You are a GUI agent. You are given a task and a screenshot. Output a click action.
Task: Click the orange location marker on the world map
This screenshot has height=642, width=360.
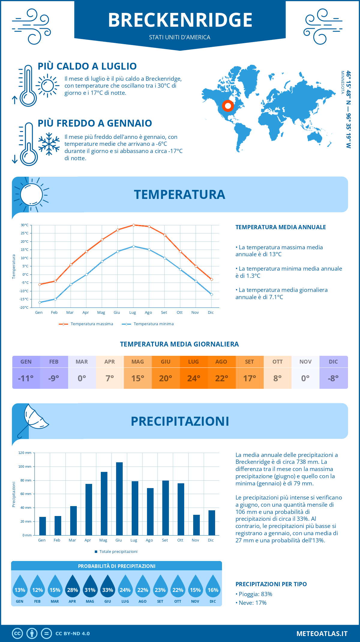228,106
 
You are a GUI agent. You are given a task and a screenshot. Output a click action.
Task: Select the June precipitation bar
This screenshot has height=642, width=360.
119,499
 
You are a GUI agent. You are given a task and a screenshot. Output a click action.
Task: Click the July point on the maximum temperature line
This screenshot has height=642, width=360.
133,225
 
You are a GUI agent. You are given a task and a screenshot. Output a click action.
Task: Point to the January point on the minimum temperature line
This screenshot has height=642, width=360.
40,302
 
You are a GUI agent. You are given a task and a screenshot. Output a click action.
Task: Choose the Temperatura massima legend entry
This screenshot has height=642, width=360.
86,324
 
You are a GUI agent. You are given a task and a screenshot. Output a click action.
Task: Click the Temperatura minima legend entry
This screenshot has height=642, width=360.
148,324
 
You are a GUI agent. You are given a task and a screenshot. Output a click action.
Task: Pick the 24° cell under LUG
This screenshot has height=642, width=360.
193,378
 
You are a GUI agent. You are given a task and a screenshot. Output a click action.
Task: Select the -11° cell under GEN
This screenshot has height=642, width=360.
26,378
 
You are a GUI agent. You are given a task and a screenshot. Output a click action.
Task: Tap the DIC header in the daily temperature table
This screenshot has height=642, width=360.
333,362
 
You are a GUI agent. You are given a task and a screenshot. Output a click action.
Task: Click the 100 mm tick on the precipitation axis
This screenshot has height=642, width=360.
25,466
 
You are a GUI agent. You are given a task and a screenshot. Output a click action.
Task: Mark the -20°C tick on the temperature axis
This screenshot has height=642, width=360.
24,307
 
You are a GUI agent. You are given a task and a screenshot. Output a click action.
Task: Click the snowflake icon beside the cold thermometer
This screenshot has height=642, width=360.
49,144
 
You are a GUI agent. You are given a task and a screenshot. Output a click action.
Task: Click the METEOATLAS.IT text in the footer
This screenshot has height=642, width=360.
322,634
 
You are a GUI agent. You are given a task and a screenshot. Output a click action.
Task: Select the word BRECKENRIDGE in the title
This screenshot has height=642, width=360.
180,20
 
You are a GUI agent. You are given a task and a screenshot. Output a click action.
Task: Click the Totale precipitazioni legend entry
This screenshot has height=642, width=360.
116,552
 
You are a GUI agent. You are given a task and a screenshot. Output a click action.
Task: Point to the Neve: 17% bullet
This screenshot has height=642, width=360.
251,603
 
